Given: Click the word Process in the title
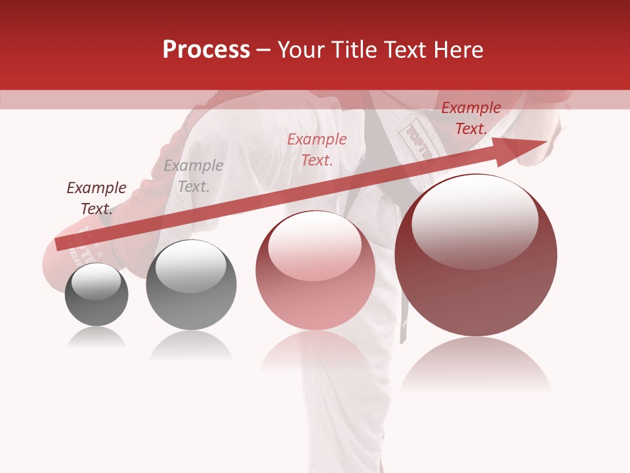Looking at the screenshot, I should pyautogui.click(x=206, y=50).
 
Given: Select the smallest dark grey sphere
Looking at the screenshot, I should pyautogui.click(x=96, y=295).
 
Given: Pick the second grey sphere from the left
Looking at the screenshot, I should pyautogui.click(x=191, y=284).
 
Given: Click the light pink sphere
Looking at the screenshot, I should pyautogui.click(x=315, y=270).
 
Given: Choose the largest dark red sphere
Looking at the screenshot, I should pyautogui.click(x=476, y=256).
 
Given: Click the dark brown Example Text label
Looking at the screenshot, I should pyautogui.click(x=96, y=198).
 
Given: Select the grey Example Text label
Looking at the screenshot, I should pyautogui.click(x=194, y=176).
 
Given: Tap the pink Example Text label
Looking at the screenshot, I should pyautogui.click(x=317, y=149).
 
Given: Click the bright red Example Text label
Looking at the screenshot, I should pyautogui.click(x=471, y=118).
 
